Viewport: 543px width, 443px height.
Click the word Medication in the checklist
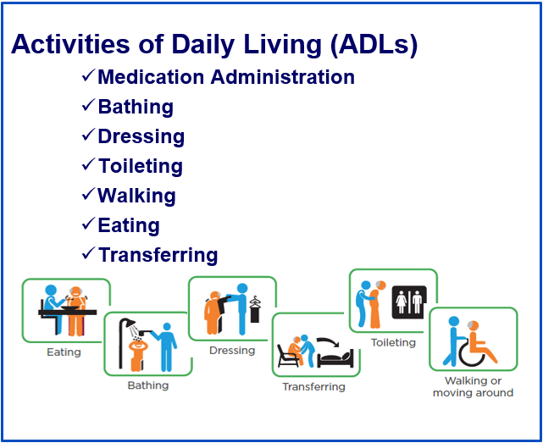pos(151,76)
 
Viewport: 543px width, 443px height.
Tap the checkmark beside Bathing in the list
pos(89,104)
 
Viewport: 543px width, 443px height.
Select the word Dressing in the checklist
pos(141,137)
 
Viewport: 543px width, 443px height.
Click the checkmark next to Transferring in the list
pos(89,253)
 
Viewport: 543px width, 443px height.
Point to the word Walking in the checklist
pos(136,196)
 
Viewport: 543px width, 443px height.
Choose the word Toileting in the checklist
pos(141,166)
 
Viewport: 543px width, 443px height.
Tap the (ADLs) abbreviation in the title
pos(374,45)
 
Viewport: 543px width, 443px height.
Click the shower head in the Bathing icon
pos(130,323)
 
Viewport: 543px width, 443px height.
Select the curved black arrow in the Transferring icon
pos(328,341)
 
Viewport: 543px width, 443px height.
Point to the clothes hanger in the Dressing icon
pos(254,302)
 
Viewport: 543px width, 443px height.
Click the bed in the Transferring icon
pos(335,358)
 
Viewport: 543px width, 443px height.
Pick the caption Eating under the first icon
pos(64,352)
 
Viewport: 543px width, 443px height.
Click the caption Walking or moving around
pos(473,387)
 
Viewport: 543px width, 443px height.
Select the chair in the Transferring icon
pos(287,356)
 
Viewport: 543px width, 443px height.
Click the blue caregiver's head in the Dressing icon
pos(242,289)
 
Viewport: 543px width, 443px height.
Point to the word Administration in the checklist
pos(283,76)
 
